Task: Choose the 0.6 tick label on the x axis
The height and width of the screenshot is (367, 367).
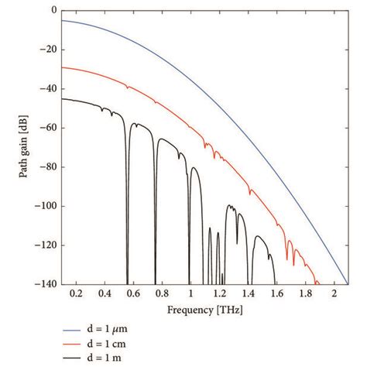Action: click(x=132, y=296)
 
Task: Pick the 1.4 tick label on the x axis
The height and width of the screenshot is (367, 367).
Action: click(x=248, y=296)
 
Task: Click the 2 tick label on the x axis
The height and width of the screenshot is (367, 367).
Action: click(x=334, y=296)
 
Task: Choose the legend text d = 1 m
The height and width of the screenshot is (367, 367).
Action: click(x=108, y=358)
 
